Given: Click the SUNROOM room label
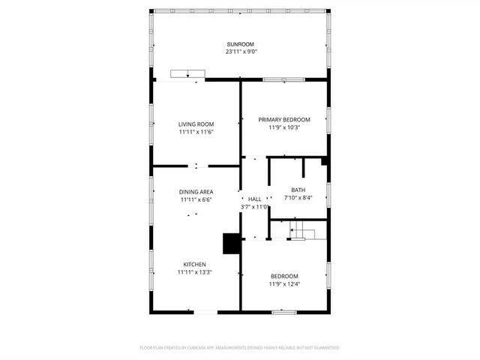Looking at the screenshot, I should tap(241, 43).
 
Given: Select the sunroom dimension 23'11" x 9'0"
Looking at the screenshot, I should tap(241, 52).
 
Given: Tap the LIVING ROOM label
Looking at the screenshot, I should tap(196, 124).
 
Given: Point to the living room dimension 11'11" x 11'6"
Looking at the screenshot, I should tap(196, 132).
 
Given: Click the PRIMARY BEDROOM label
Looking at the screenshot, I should tap(284, 119).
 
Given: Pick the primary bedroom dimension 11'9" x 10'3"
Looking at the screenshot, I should tap(284, 127).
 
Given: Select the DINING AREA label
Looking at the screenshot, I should tap(196, 192).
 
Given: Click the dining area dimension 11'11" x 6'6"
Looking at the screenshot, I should tap(196, 200).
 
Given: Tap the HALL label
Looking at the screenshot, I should tap(254, 199).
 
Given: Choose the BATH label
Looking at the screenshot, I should tap(298, 190).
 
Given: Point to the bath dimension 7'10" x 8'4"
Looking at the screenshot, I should tap(298, 199).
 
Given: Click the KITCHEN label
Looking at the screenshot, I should tap(196, 264).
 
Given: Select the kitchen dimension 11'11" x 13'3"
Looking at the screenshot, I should tap(196, 273).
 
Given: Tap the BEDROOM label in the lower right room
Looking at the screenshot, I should tap(284, 276).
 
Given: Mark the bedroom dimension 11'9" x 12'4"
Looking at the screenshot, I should tap(284, 284).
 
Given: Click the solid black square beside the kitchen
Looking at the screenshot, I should tap(232, 244).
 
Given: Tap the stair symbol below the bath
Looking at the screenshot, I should tap(299, 230).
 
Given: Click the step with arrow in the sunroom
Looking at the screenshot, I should tap(187, 73).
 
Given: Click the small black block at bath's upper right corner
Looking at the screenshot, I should tap(324, 160).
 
